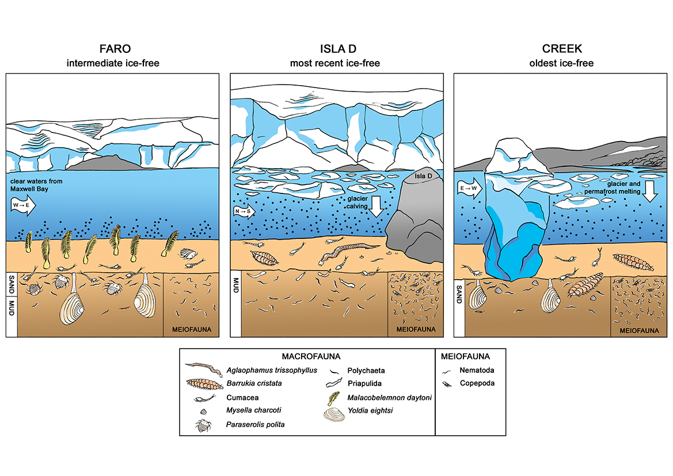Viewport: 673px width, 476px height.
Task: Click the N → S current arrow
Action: [245, 211]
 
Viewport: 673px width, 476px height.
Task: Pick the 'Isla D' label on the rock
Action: [423, 175]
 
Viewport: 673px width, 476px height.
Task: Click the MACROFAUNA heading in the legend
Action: [307, 357]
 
